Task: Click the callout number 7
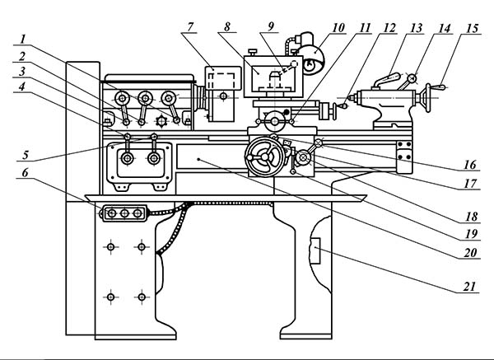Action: [190, 27]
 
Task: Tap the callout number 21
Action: [469, 287]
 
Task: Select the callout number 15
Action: [473, 28]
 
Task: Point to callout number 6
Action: [26, 172]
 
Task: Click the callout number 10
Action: [338, 28]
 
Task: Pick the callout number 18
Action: [471, 217]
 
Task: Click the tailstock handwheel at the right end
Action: [428, 98]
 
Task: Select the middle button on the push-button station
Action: [124, 213]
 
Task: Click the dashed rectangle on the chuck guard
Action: [222, 81]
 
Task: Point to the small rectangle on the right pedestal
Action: [315, 250]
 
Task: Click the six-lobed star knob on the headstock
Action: [161, 122]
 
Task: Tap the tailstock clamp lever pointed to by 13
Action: [387, 80]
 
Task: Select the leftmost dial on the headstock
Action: [122, 99]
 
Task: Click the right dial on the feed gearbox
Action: [154, 158]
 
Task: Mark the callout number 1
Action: [22, 40]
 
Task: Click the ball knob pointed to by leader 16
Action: [319, 143]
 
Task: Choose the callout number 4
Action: [21, 86]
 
